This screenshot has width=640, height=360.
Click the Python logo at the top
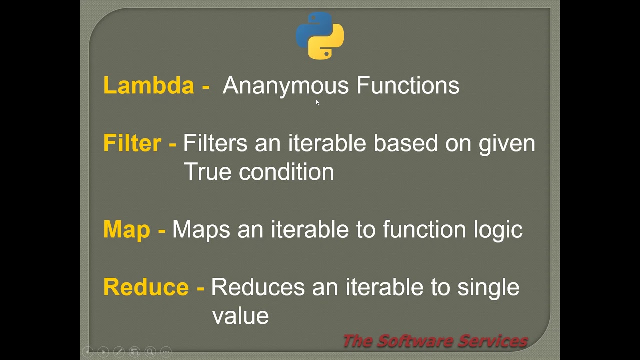[320, 36]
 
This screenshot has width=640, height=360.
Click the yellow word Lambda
[148, 85]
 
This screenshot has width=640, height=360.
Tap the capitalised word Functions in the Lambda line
[408, 85]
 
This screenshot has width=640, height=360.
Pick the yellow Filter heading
[132, 143]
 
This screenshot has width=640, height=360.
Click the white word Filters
[215, 143]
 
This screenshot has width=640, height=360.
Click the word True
[207, 172]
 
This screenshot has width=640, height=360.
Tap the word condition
[286, 172]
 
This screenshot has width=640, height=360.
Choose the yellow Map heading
[127, 230]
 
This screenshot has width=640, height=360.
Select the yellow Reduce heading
[146, 287]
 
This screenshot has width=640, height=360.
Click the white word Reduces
[257, 287]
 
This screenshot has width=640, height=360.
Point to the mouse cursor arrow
[317, 102]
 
